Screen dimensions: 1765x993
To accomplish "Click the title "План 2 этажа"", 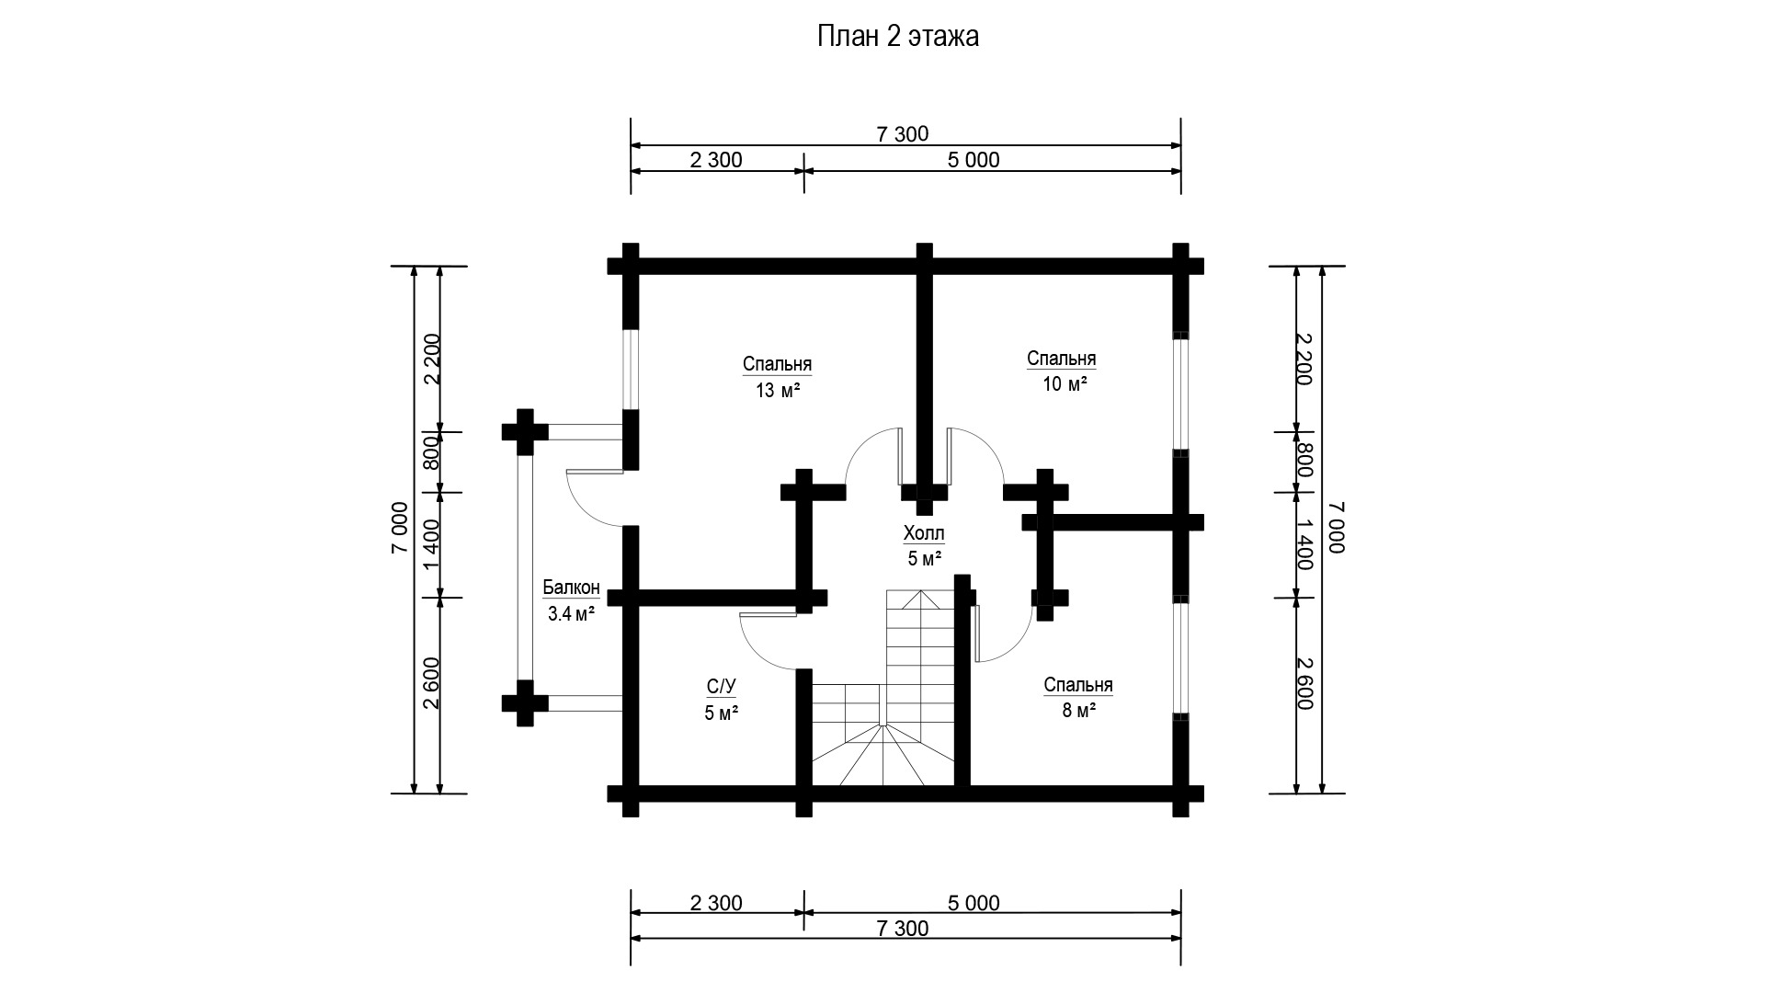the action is point(897,37).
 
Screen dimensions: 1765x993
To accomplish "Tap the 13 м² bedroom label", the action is point(777,377).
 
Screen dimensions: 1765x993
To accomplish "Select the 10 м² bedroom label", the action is point(1062,371).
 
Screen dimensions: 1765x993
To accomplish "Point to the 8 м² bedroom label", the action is point(1078,698).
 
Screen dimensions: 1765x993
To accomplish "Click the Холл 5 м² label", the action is point(924,546).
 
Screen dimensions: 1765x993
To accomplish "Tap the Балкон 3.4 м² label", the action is point(571,601).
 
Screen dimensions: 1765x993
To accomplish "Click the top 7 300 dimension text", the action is point(903,134).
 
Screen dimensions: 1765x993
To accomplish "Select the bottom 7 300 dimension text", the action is point(903,929).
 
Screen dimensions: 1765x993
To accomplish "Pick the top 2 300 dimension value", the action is point(716,160).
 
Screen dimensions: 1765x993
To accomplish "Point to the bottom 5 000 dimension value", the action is point(974,903).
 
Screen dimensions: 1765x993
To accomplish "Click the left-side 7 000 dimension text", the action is point(400,529).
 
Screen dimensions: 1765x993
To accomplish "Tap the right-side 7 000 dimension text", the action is point(1336,529).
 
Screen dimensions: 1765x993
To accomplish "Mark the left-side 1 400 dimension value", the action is point(432,544).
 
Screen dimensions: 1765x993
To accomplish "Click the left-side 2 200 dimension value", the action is point(432,359).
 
